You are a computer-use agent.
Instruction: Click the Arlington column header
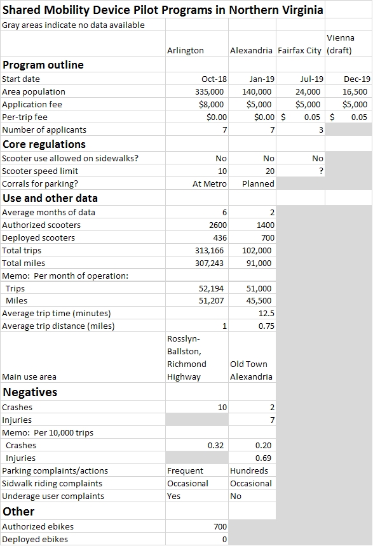185,51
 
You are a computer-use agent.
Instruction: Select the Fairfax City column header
299,51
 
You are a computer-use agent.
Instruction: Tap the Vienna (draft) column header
340,44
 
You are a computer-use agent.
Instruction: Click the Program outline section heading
43,65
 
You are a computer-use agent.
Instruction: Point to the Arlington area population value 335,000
209,92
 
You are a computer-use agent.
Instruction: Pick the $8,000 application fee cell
211,105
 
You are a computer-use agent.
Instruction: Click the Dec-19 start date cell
357,79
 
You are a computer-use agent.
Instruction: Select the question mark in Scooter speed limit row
321,171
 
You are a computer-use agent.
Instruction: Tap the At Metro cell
210,184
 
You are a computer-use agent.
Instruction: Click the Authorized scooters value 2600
218,225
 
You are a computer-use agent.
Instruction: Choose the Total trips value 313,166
209,251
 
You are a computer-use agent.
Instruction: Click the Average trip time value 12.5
266,314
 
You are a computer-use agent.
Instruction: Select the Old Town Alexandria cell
251,371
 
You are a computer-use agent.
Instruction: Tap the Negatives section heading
30,392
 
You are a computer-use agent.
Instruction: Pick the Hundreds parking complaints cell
249,471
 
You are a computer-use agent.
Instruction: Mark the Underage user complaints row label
53,496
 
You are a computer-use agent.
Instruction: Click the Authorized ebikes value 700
220,526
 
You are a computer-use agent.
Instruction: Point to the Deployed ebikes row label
35,540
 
